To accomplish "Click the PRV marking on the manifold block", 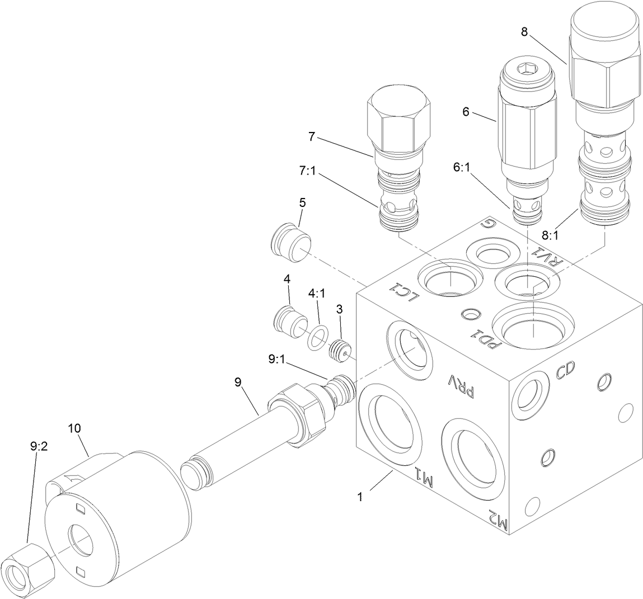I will pos(462,385).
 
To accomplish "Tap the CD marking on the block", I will pos(565,371).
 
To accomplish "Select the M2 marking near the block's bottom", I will pos(498,520).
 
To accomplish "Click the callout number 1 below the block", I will pos(360,496).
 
